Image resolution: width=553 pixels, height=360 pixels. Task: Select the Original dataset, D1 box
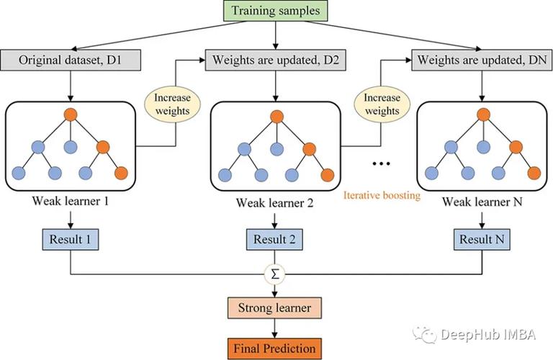tap(71, 58)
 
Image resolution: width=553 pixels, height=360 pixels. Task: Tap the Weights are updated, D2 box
tap(274, 58)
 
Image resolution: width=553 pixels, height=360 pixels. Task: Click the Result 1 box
tap(71, 238)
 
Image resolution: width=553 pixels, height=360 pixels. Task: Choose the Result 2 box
tap(274, 238)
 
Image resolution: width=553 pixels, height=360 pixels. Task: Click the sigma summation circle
tap(274, 274)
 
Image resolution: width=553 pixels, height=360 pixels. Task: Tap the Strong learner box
tap(274, 308)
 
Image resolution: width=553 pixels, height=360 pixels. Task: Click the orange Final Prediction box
tap(274, 348)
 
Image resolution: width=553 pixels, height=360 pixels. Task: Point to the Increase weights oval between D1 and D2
tap(172, 104)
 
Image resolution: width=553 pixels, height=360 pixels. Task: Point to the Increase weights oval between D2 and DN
tap(382, 104)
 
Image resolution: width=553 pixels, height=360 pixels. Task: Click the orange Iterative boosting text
tap(382, 194)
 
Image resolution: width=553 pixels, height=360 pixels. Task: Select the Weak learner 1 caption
tap(71, 202)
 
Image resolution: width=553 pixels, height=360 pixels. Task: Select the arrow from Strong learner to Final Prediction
tap(274, 328)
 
